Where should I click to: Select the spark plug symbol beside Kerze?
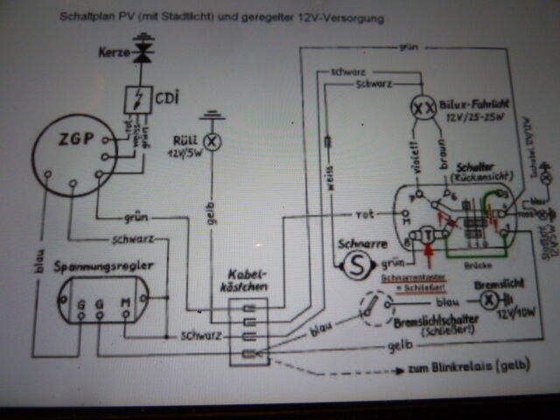pos(143,53)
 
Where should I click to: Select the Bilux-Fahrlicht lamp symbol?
pos(423,108)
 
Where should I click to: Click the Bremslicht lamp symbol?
pos(491,297)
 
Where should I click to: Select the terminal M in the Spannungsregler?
pos(123,302)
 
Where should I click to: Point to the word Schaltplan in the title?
pos(84,17)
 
